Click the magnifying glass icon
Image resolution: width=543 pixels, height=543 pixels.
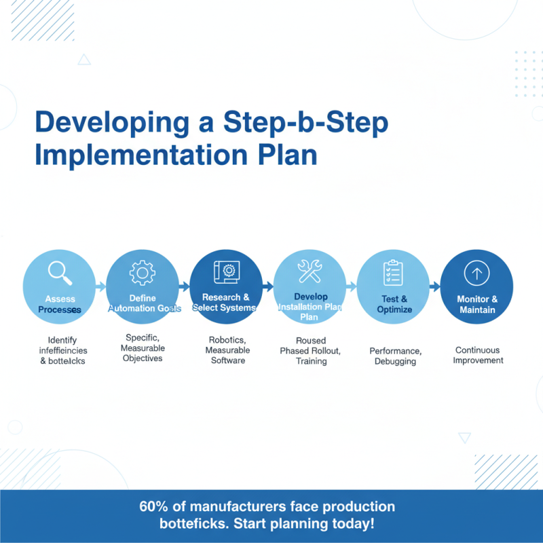(60, 273)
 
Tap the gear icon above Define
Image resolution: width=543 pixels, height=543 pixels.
(142, 273)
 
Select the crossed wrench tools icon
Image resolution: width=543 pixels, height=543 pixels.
(310, 271)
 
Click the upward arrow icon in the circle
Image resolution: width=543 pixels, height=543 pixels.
(476, 274)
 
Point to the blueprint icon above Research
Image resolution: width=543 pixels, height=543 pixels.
(226, 271)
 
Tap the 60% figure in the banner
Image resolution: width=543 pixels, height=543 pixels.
(154, 507)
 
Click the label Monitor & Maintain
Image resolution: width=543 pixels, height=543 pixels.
(476, 304)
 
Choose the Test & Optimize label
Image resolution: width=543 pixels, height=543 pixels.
(394, 304)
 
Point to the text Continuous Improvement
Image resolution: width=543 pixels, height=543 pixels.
(479, 355)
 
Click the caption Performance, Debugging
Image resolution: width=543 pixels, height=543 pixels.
(395, 356)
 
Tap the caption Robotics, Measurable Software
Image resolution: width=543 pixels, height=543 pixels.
(227, 350)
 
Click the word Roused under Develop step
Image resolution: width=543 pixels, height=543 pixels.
(311, 340)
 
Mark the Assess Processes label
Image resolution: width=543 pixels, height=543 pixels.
(60, 304)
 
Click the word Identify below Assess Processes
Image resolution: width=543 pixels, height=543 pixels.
(62, 340)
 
